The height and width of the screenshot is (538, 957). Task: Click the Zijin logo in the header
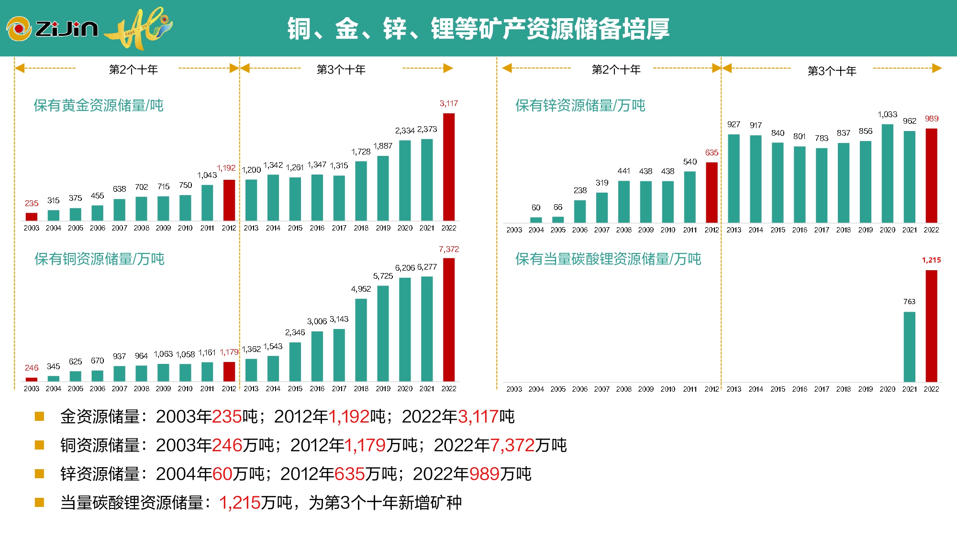(x=53, y=29)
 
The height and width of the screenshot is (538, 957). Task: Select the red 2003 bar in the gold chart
(x=32, y=217)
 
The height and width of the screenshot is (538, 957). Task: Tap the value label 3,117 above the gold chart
(x=449, y=103)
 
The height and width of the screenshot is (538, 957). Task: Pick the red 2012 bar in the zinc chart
(x=712, y=192)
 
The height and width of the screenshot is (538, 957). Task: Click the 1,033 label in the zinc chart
(x=887, y=114)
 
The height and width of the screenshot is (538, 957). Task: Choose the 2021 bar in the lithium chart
(x=909, y=347)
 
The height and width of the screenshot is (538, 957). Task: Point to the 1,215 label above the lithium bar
(x=931, y=260)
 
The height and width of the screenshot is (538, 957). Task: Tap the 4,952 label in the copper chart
(x=361, y=289)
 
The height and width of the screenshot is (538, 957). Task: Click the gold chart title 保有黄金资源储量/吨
(x=99, y=105)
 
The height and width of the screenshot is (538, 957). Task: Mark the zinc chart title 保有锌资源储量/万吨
(x=580, y=105)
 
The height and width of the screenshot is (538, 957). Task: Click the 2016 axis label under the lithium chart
(x=800, y=389)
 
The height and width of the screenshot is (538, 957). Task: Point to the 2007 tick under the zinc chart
(x=602, y=230)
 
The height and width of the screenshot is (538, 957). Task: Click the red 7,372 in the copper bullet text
(x=512, y=445)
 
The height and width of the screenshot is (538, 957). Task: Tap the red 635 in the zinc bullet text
(x=349, y=474)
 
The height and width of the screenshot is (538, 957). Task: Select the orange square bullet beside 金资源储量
(x=40, y=417)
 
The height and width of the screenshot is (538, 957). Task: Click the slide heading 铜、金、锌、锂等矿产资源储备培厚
(x=478, y=29)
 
